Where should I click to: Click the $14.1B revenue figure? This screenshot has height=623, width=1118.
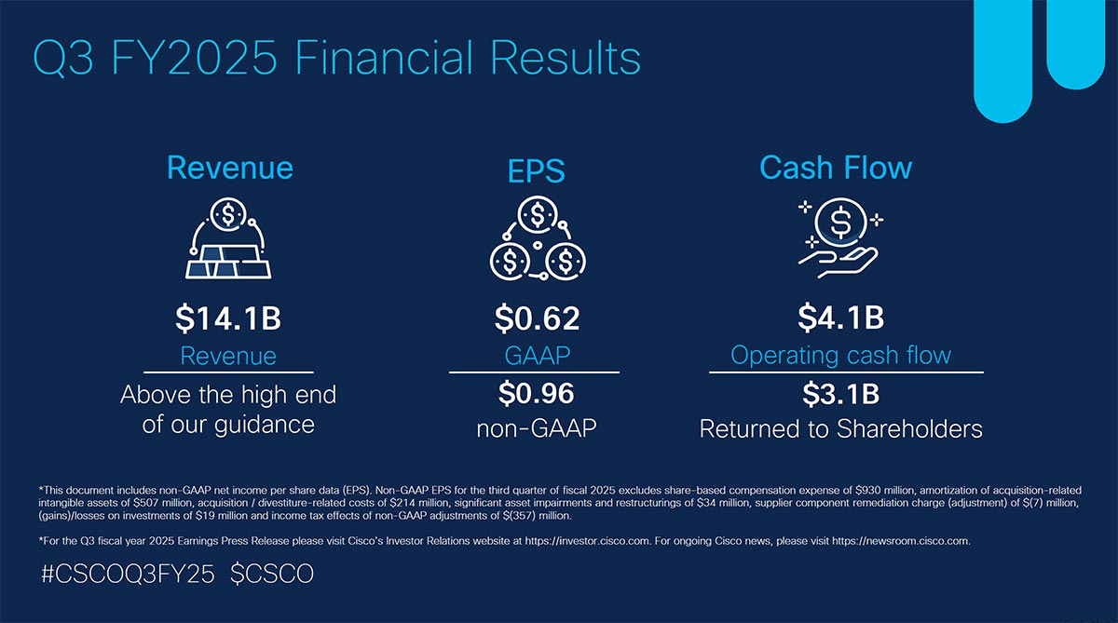228,318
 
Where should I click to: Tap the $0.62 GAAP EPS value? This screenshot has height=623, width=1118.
537,318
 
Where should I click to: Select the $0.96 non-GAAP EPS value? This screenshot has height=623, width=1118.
537,394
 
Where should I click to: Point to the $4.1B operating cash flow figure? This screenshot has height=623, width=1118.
840,318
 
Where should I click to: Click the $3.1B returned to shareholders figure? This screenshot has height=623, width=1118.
840,394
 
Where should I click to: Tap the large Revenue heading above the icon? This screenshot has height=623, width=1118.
229,168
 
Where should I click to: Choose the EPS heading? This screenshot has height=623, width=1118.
537,171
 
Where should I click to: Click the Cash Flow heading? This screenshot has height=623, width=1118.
836,168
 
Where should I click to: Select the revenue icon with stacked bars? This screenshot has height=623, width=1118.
228,239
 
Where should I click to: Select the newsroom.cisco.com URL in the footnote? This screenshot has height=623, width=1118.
902,540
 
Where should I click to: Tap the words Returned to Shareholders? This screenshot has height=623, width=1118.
840,429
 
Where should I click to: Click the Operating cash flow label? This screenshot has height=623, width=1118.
840,355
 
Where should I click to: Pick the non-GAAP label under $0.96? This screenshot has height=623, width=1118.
537,429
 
